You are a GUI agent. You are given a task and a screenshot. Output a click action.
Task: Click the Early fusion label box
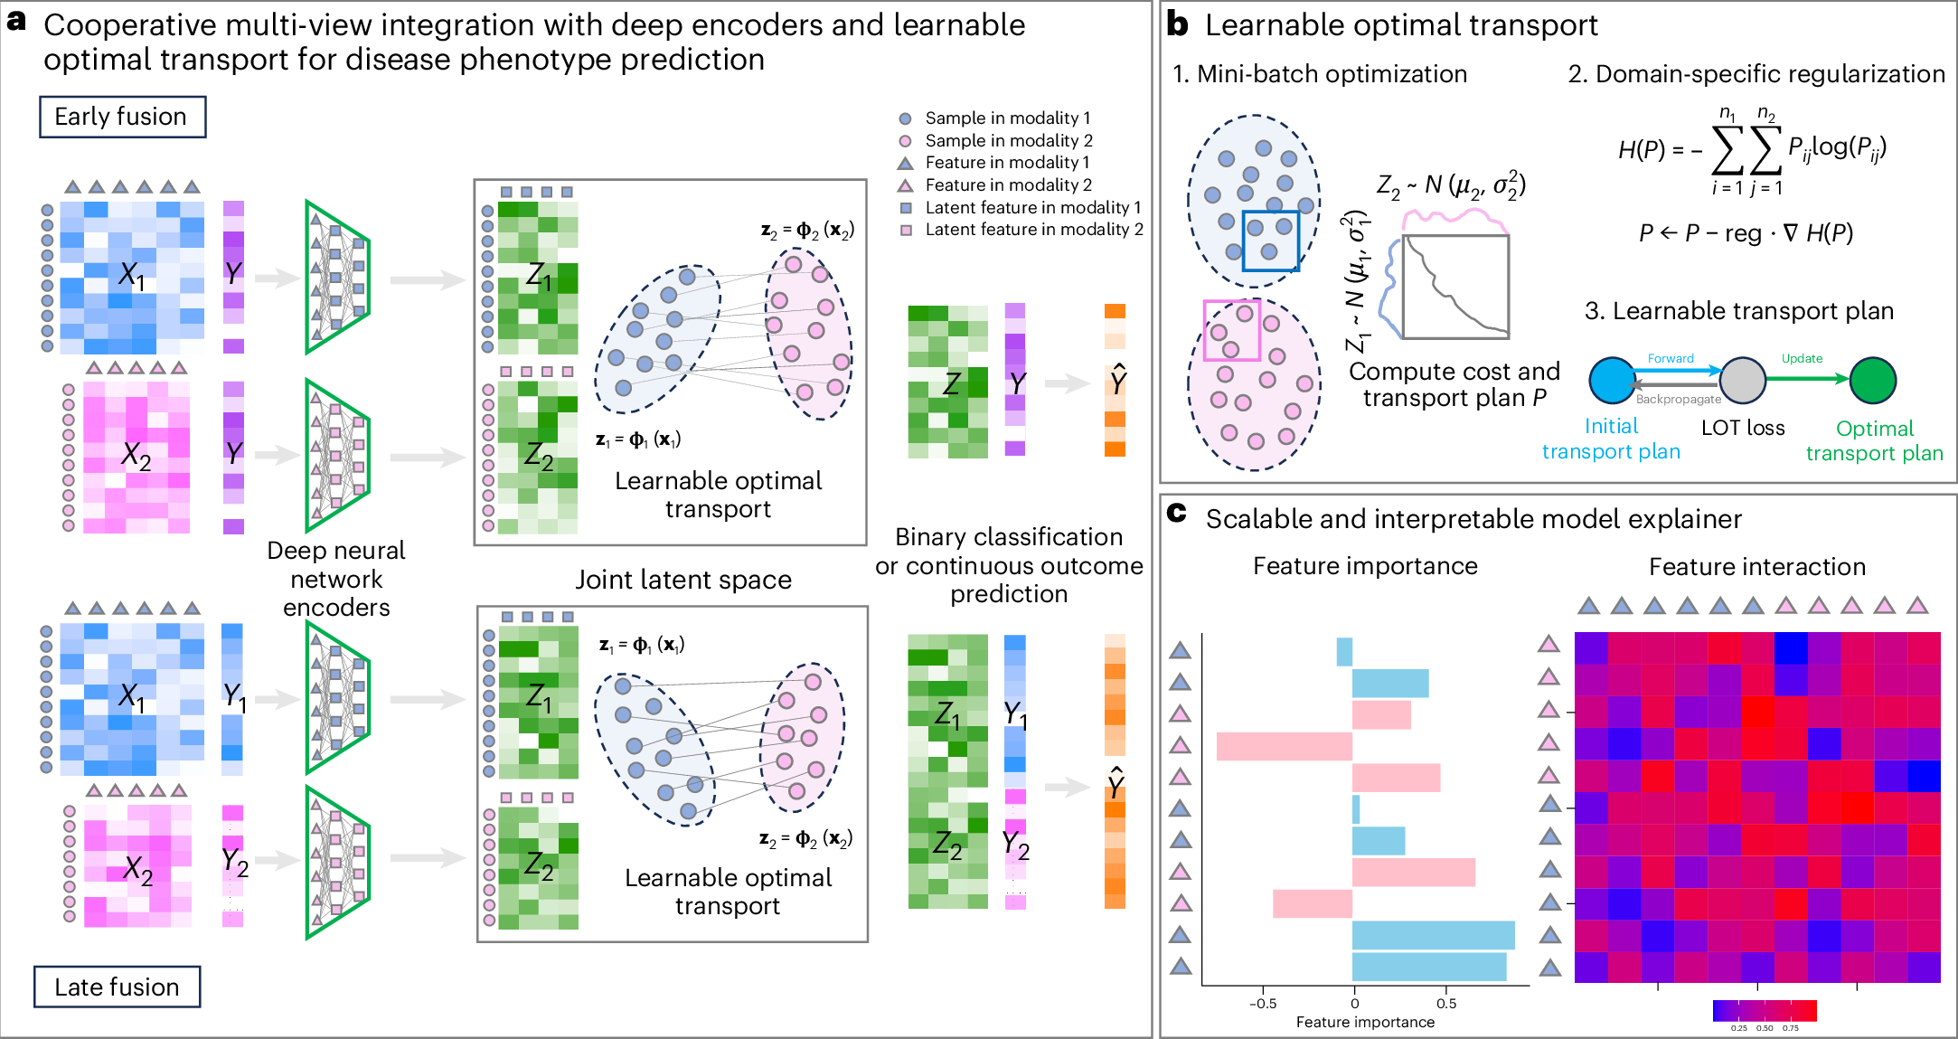pos(122,117)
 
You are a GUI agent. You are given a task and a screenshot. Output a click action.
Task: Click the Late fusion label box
pos(117,987)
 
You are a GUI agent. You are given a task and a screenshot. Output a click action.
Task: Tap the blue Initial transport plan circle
pos(1612,381)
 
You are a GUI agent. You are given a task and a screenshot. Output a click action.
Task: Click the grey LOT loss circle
pos(1742,381)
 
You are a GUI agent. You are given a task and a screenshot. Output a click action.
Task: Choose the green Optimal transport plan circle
pos(1872,381)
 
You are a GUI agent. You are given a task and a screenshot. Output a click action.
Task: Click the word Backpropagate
pos(1678,399)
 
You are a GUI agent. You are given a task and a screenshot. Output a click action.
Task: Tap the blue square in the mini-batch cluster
pos(1270,241)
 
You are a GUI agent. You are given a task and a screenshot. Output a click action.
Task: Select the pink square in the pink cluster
pos(1231,330)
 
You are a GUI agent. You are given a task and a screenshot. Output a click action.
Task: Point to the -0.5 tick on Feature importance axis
pos(1263,1003)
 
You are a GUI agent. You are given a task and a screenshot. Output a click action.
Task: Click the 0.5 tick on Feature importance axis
pos(1446,1003)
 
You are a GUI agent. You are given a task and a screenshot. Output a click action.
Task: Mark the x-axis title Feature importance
pos(1365,1022)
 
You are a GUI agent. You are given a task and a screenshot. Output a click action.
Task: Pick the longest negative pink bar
pos(1284,746)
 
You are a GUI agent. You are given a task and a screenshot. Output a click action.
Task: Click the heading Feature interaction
pos(1756,567)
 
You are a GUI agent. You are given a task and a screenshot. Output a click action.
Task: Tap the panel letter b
pos(1177,24)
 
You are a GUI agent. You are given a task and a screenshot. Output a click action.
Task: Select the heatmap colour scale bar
pos(1764,1010)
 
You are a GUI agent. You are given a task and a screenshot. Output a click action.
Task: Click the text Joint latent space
pos(683,580)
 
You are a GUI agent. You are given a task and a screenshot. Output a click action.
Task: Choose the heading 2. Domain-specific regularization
pos(1756,74)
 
